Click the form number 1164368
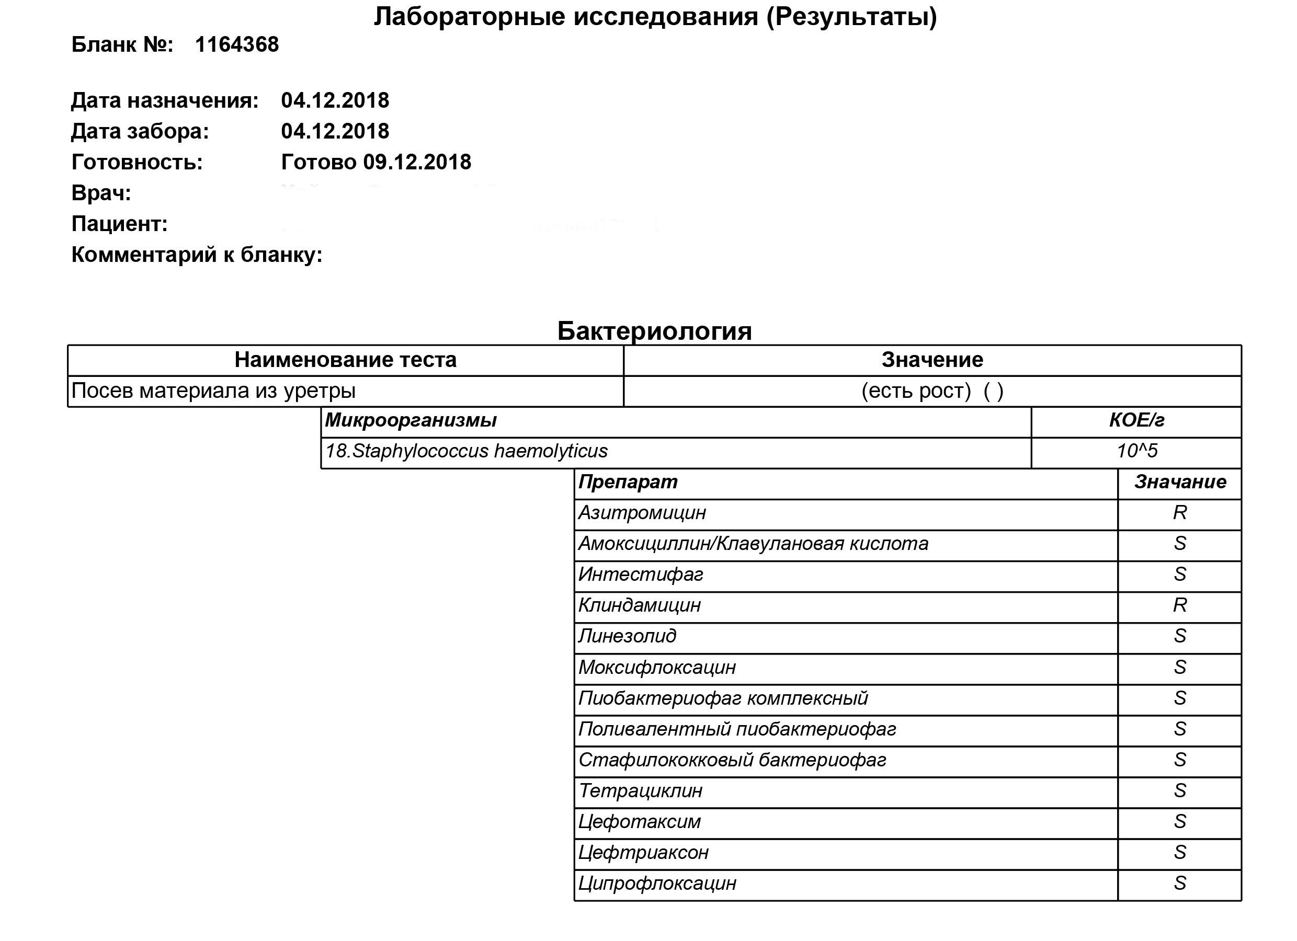click(x=236, y=44)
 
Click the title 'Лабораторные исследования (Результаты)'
click(x=655, y=17)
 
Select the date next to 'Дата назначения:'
click(x=335, y=100)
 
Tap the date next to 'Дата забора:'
click(x=335, y=132)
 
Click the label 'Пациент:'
click(x=119, y=224)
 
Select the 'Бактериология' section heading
click(x=654, y=331)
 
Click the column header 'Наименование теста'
click(x=345, y=360)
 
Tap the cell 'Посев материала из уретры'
click(x=213, y=391)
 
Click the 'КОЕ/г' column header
click(x=1136, y=421)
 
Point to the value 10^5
click(x=1136, y=451)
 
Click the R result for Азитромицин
click(x=1180, y=513)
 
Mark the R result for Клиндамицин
click(x=1180, y=605)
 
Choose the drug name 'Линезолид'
click(x=628, y=636)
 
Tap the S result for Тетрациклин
click(x=1180, y=790)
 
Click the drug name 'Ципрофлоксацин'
click(x=657, y=883)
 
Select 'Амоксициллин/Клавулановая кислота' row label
click(x=753, y=544)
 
